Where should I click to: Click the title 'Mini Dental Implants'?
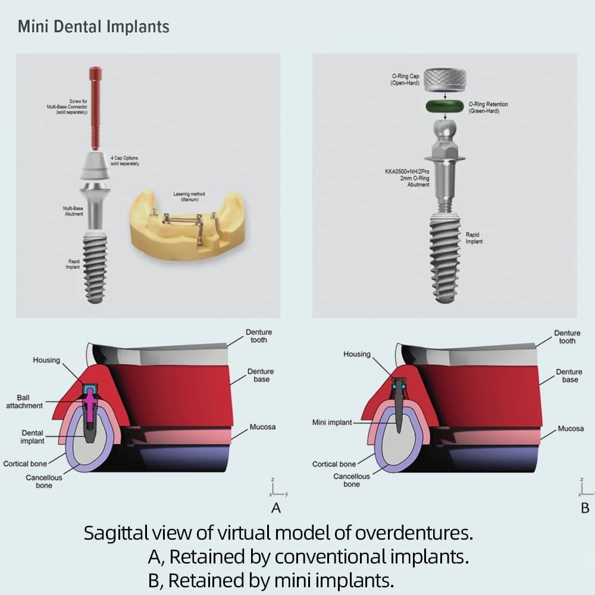(x=93, y=27)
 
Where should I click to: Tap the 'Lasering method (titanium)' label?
(x=189, y=197)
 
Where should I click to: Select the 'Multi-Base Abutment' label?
(x=73, y=211)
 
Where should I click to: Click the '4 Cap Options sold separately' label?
(x=124, y=161)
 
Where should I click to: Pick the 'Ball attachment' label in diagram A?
(x=24, y=402)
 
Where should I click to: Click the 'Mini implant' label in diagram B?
(x=332, y=422)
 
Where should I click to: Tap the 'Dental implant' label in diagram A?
(x=32, y=437)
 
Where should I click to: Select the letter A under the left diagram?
(x=275, y=508)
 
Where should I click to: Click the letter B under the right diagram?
(x=585, y=508)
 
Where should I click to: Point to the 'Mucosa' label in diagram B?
(x=571, y=428)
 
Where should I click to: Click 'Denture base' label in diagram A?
(x=261, y=375)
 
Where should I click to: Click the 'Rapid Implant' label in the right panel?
(x=474, y=238)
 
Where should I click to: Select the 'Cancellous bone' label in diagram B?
(x=352, y=480)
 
